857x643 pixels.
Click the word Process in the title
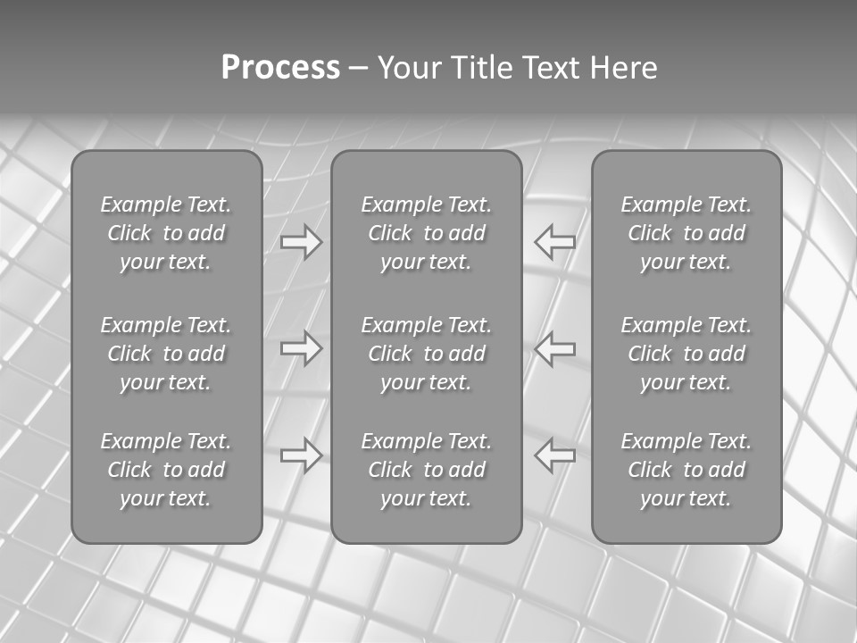[280, 68]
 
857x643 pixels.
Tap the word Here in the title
[624, 68]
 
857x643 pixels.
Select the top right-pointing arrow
[302, 242]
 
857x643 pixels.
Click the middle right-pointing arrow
[302, 348]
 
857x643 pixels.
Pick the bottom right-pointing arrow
[302, 455]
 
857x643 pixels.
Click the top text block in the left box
[166, 233]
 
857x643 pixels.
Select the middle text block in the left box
[166, 354]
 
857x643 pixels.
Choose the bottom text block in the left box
[166, 470]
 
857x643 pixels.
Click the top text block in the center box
[427, 233]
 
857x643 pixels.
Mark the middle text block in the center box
[427, 354]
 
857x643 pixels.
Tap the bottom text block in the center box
[427, 470]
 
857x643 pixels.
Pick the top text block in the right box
[686, 233]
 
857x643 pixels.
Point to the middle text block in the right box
[686, 354]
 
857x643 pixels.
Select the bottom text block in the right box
[686, 470]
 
